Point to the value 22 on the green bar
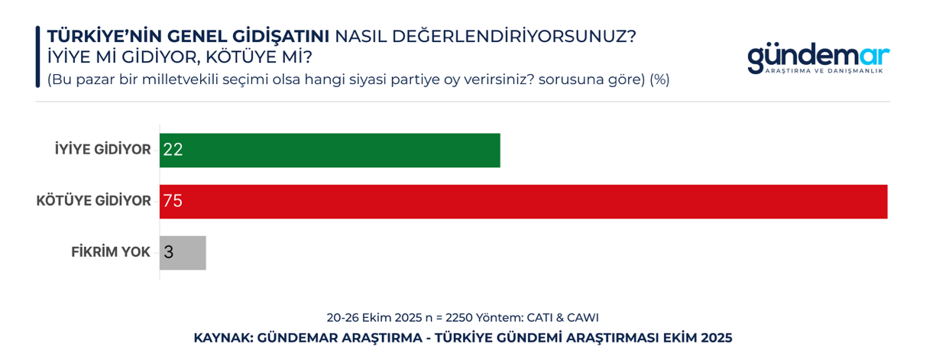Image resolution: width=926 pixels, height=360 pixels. point(173,150)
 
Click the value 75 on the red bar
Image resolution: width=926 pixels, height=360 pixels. point(173,202)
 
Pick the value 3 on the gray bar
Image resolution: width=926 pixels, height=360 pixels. point(169,252)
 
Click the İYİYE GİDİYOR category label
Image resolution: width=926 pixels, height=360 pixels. point(102,150)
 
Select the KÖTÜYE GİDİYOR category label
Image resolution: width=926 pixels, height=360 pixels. point(93,202)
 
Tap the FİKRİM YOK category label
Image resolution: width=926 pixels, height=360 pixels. point(111,252)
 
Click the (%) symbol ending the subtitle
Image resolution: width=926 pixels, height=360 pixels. point(659,79)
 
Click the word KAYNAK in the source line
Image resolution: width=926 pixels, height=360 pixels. point(222,337)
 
